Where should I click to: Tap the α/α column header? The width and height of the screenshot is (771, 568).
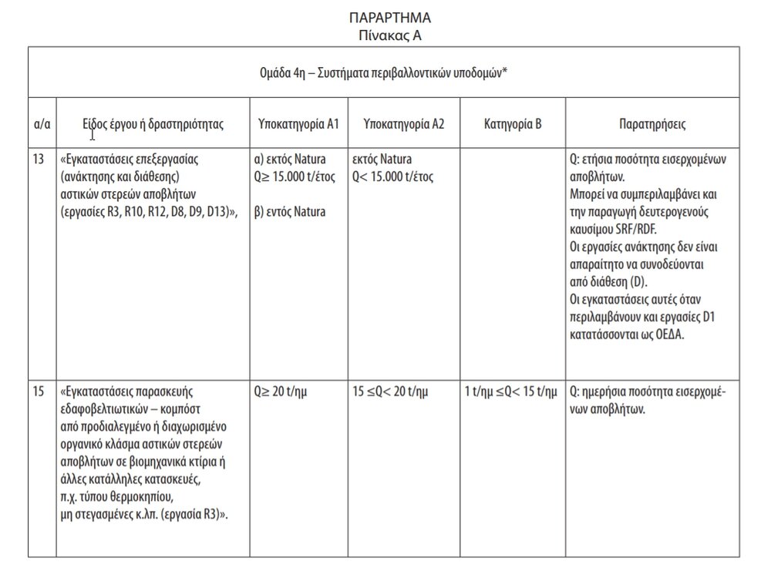[43, 123]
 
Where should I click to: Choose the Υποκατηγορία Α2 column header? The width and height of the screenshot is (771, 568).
[404, 123]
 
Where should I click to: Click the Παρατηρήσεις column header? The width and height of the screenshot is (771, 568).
[652, 123]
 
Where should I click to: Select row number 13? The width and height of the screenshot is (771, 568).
[39, 160]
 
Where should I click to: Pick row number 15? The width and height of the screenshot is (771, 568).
[39, 392]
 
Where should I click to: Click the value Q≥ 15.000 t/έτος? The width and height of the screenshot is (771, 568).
[296, 177]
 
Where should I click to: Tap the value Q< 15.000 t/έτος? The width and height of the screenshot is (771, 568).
[392, 177]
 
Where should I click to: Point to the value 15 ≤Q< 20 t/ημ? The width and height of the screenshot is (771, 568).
[390, 392]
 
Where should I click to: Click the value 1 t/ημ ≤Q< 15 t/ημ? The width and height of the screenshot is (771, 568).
[510, 392]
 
